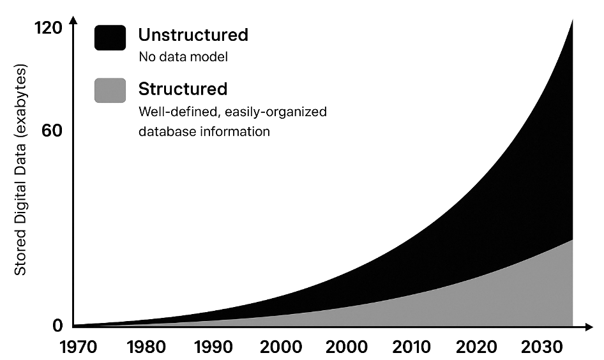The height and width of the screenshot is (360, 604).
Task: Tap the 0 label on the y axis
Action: coord(57,326)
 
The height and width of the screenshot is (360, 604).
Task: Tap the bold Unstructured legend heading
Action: coord(193,34)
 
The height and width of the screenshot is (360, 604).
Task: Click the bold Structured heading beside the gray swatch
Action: coord(183,88)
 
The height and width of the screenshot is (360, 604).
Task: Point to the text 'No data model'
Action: coord(183,57)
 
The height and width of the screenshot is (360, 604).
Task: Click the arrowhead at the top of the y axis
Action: coord(73,21)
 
